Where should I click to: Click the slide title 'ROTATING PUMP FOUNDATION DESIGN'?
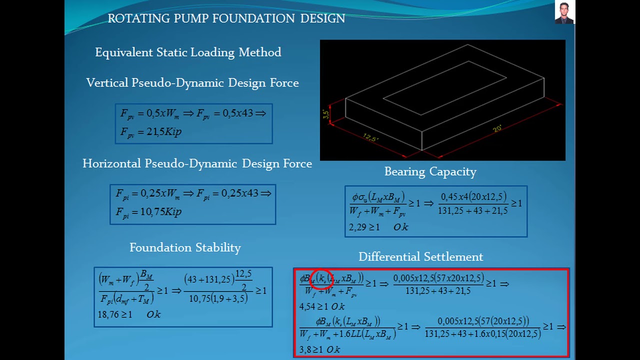pos(226,18)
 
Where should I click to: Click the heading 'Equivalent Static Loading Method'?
pos(188,52)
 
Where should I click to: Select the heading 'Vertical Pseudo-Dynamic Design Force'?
pos(192,83)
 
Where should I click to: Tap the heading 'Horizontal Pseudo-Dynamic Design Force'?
pos(197,164)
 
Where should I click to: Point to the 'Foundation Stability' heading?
pos(185,247)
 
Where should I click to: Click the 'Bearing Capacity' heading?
pos(430,172)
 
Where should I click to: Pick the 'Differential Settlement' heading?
pos(420,257)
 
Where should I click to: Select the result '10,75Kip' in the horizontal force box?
pos(160,212)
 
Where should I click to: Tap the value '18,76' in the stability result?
pos(108,314)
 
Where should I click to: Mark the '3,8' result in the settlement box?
pos(304,349)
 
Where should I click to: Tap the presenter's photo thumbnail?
pos(564,12)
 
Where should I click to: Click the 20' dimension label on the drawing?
pos(497,128)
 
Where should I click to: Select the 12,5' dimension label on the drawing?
pos(370,136)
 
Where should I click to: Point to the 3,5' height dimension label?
pos(326,114)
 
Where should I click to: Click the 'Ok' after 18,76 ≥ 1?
pos(153,314)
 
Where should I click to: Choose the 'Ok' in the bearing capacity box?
pos(400,227)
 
